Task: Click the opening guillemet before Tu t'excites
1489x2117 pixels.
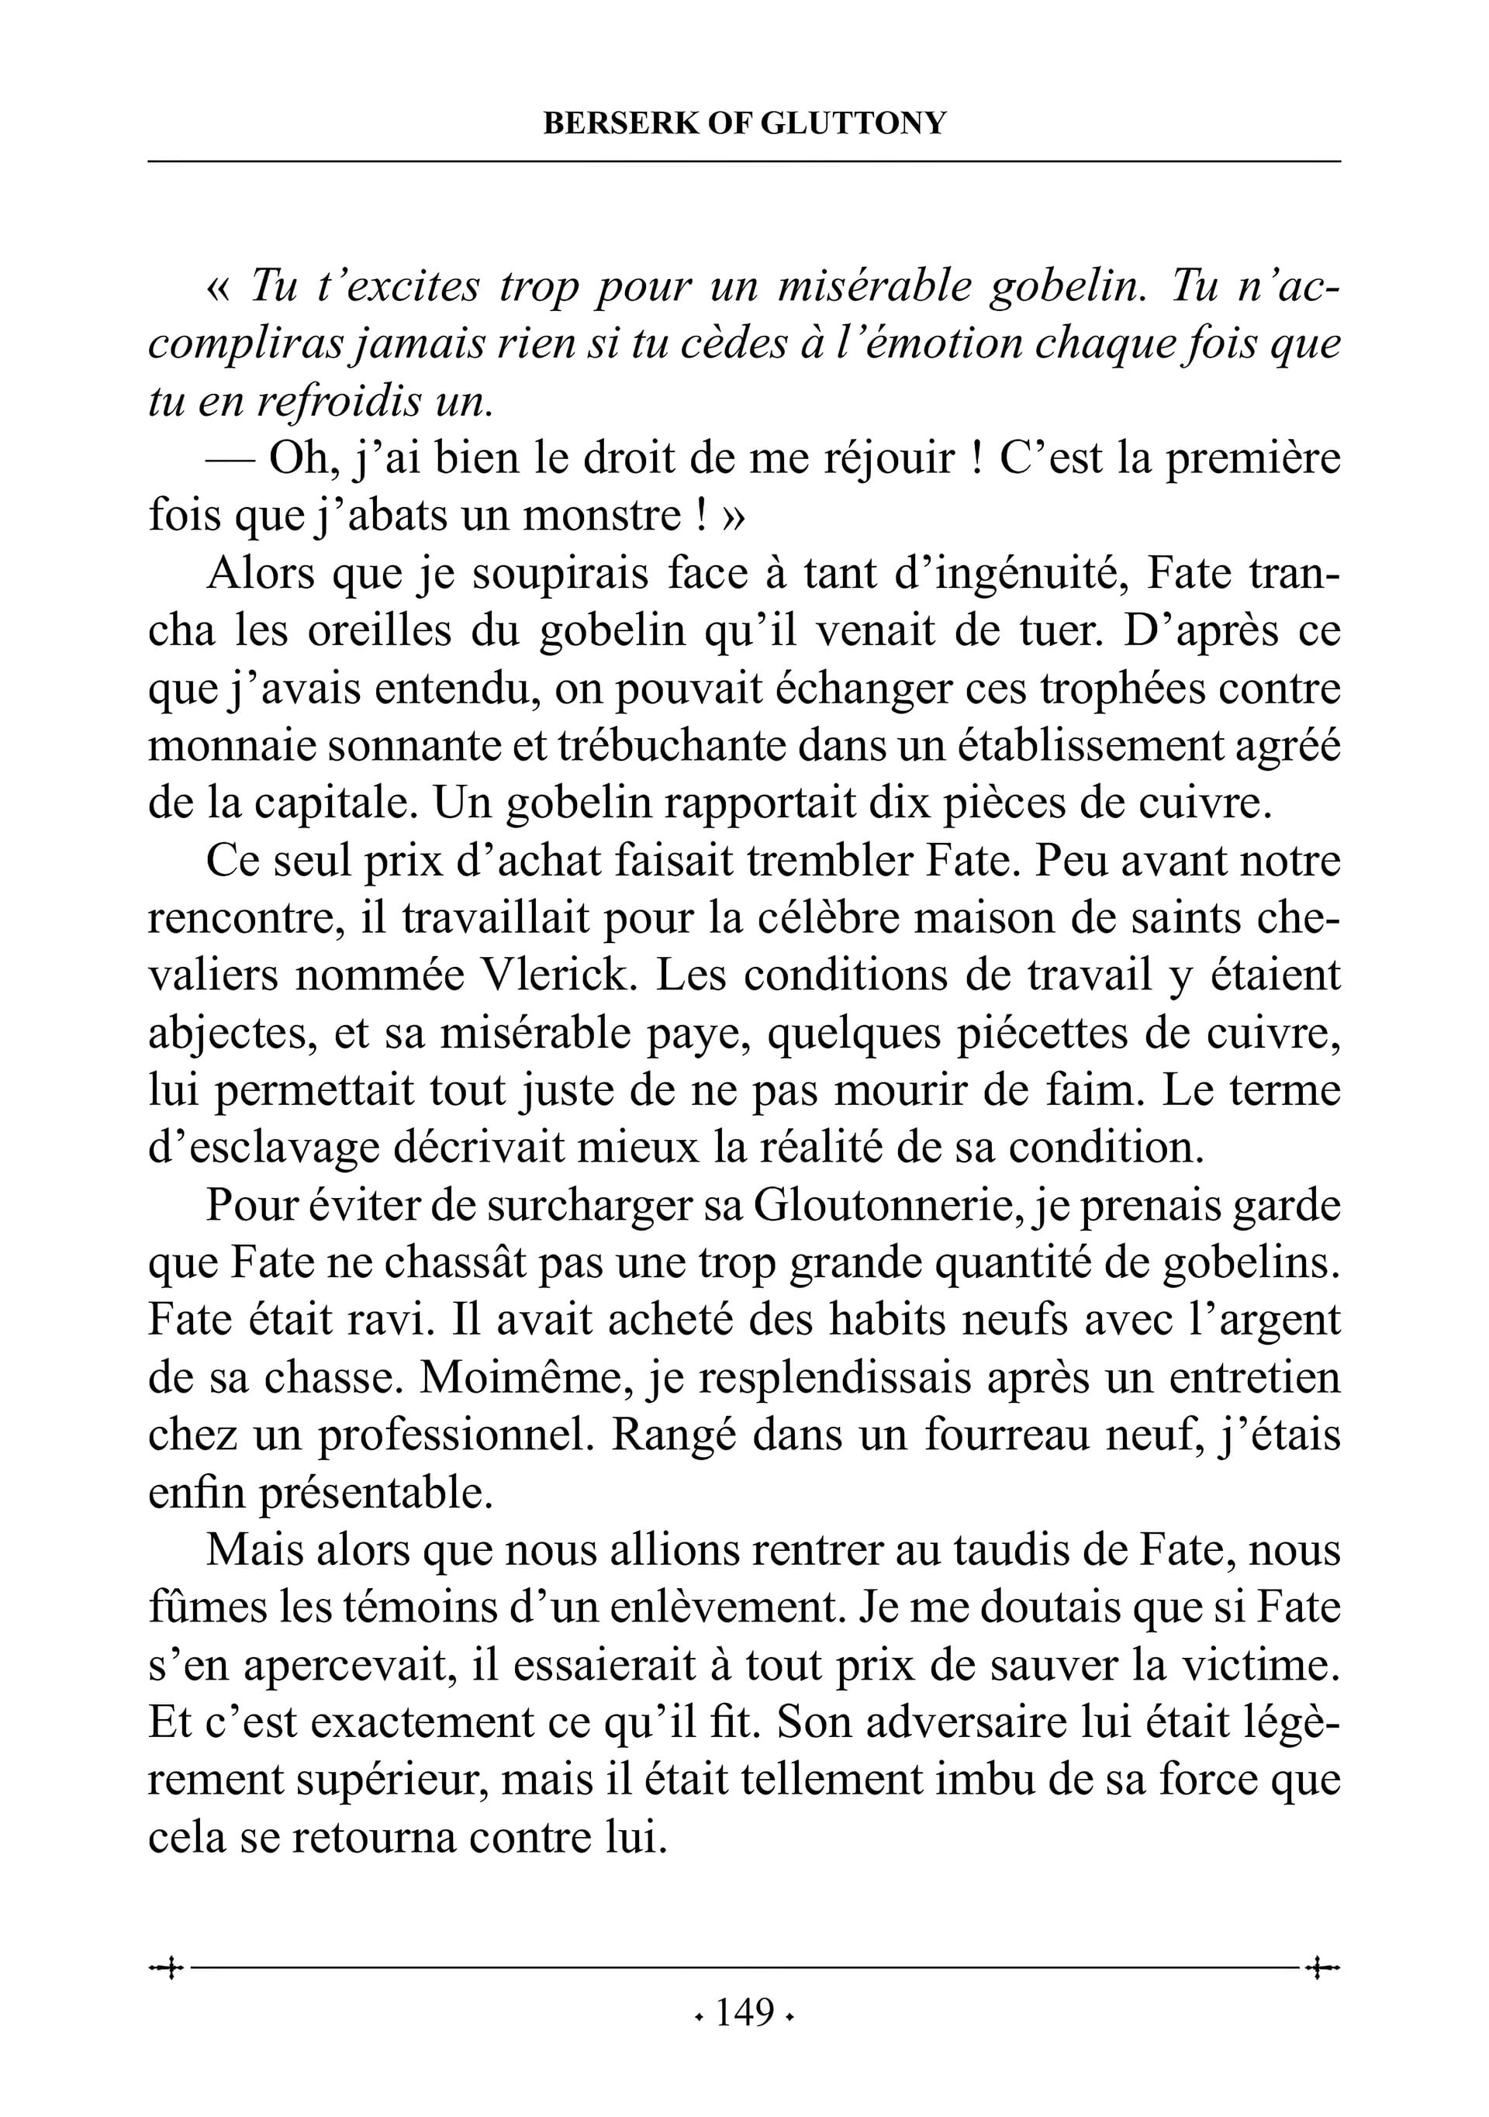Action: coord(218,287)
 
